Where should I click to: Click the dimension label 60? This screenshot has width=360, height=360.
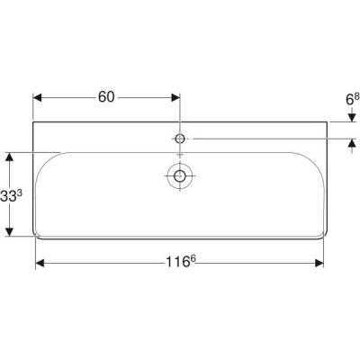106,97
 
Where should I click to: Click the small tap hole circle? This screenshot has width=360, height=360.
180,139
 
